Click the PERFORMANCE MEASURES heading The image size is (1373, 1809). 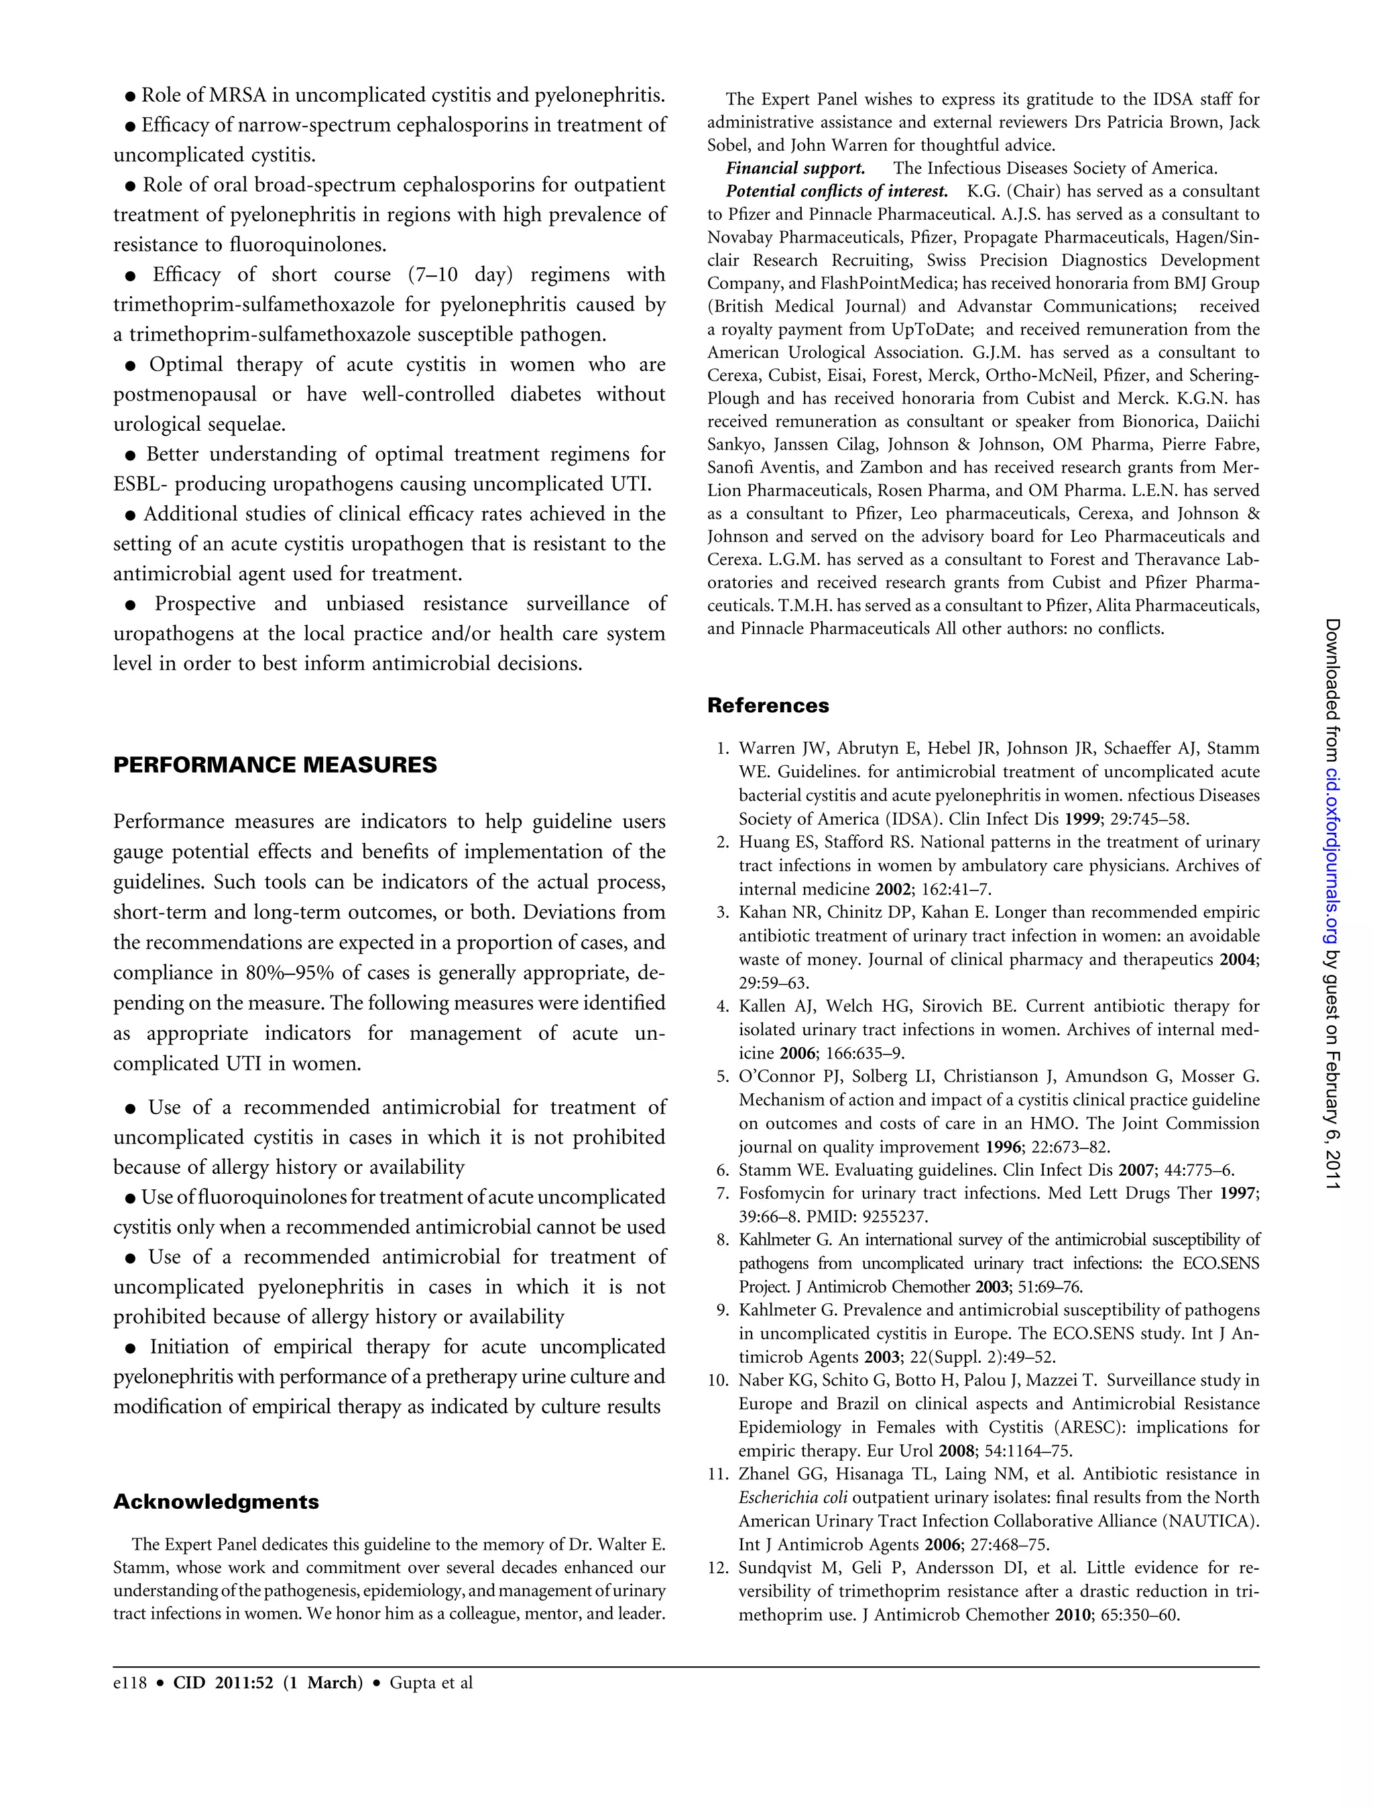coord(275,764)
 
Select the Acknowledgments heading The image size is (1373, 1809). coord(216,1501)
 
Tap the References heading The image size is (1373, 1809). coord(768,705)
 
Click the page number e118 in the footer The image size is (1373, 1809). coord(129,1682)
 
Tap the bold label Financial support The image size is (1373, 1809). coord(795,168)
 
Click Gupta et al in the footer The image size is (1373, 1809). coord(431,1682)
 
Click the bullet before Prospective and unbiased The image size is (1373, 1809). coord(129,605)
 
